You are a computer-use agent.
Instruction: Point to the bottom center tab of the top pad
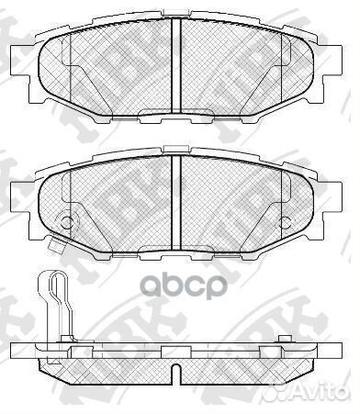tap(177, 114)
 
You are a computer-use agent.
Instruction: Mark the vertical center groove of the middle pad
tap(177, 193)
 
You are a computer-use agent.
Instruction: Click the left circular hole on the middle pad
tap(65, 220)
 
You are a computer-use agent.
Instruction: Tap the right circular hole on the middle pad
tap(287, 220)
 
